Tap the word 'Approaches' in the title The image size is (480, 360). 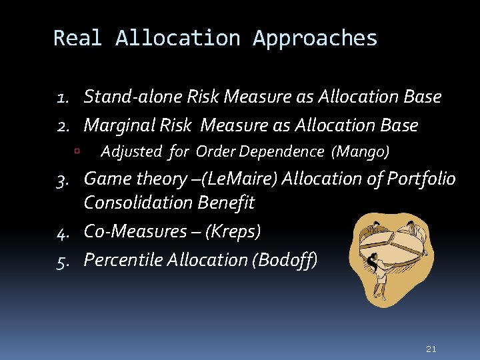pyautogui.click(x=315, y=38)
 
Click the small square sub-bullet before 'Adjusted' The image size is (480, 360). pyautogui.click(x=77, y=152)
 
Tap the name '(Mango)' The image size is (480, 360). pyautogui.click(x=361, y=152)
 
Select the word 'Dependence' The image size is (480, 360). pyautogui.click(x=281, y=151)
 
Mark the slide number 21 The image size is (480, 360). pyautogui.click(x=431, y=349)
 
